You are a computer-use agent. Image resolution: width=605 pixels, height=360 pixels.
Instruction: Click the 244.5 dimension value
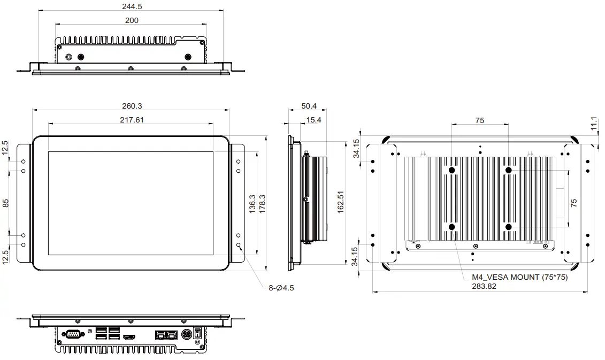point(132,6)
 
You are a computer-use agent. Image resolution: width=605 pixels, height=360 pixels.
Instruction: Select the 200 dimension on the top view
point(132,20)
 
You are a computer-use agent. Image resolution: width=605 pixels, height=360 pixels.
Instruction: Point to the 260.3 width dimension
point(132,106)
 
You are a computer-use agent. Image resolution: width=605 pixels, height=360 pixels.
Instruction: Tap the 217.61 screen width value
point(132,120)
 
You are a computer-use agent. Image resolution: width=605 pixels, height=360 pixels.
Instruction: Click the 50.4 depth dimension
point(309,106)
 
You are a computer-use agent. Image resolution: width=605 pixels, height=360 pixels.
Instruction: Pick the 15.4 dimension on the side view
point(314,120)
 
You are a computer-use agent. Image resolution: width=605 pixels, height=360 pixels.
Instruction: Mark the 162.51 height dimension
point(341,203)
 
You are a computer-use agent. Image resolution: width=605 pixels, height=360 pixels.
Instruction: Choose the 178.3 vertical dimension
point(262,203)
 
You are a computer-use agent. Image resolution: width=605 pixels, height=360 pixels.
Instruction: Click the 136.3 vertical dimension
point(252,203)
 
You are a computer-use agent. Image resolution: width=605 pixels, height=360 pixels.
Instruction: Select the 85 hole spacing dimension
point(6,203)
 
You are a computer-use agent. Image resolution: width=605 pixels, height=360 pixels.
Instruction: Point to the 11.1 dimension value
point(594,124)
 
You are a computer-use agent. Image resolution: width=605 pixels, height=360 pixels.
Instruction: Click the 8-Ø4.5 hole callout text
point(281,288)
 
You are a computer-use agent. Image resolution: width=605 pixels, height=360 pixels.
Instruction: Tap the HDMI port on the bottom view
point(128,336)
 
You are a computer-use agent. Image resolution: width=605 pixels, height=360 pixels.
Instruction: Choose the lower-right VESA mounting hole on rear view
point(508,227)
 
